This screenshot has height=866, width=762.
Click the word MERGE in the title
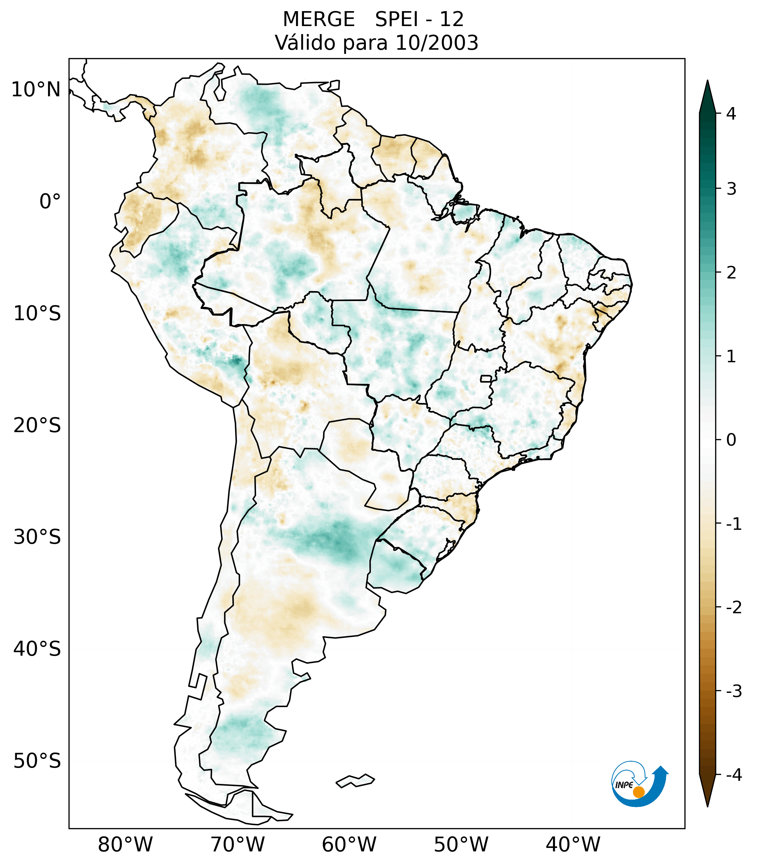(x=318, y=19)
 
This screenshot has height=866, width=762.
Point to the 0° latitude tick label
(x=50, y=202)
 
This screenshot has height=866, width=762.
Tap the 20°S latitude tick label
(x=37, y=426)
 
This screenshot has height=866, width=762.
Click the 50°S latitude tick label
(x=37, y=761)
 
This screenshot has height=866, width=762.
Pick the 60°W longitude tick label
(x=349, y=844)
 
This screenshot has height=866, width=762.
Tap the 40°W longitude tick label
(x=572, y=844)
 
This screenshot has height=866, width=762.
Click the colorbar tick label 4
(x=731, y=114)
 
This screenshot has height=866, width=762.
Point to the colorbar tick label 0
(x=731, y=440)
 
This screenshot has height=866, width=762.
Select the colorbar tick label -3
(x=733, y=691)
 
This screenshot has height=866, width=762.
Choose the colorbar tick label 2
(x=731, y=273)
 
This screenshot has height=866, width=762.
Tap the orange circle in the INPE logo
(x=638, y=792)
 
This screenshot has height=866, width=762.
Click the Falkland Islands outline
(x=355, y=781)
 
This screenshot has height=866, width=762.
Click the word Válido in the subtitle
(x=305, y=43)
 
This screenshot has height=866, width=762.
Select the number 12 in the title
(x=451, y=19)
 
